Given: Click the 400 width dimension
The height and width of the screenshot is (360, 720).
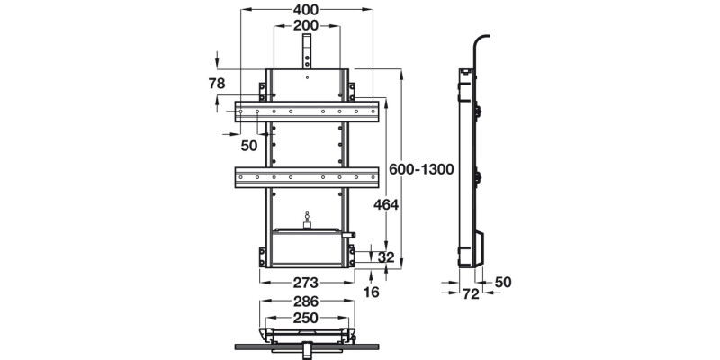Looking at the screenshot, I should tap(306, 10).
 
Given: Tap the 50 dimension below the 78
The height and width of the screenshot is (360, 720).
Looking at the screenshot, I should tap(248, 143).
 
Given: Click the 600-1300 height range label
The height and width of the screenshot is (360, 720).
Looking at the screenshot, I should tap(418, 169).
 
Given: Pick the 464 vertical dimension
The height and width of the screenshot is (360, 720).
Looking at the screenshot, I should tap(386, 204).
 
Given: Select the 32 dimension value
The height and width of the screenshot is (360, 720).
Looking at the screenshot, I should tap(386, 256).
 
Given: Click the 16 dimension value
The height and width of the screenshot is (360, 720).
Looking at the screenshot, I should tap(372, 292).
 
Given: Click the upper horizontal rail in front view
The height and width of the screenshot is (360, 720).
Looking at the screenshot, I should tap(307, 112).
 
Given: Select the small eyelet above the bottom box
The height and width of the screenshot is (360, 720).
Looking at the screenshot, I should tap(308, 217).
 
